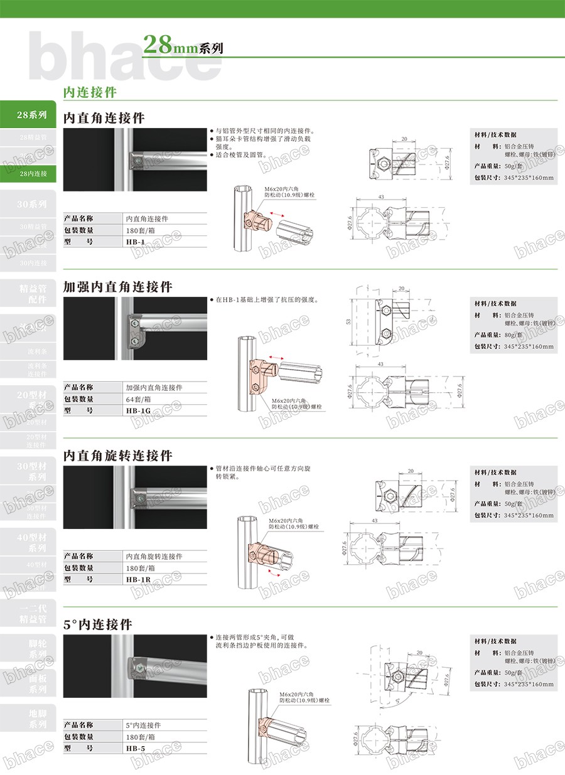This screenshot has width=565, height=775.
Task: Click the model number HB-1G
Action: (x=137, y=410)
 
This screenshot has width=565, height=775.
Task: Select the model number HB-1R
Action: (x=137, y=579)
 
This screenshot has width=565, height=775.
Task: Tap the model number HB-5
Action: (x=135, y=748)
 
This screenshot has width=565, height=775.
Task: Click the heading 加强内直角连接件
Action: (x=118, y=287)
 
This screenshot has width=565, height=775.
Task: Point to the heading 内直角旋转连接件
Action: (x=118, y=455)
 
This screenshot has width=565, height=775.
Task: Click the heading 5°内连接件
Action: (x=98, y=624)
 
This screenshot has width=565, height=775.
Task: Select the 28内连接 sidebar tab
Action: (x=33, y=173)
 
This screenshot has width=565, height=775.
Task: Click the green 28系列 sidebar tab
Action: (x=31, y=115)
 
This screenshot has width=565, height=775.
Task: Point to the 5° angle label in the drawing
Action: (x=397, y=699)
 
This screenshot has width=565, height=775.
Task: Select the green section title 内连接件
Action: (x=90, y=92)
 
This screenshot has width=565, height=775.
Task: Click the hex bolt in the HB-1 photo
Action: (x=137, y=159)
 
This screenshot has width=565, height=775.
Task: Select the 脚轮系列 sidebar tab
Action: (x=37, y=649)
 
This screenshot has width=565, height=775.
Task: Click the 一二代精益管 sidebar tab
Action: (x=33, y=614)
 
